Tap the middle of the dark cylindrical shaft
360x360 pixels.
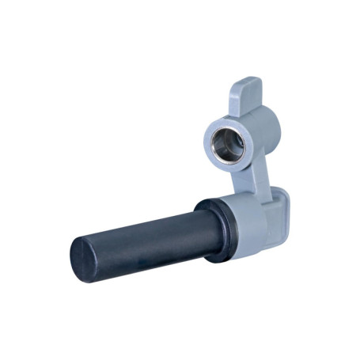coord(142,236)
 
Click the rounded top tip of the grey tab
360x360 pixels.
coord(248,81)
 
